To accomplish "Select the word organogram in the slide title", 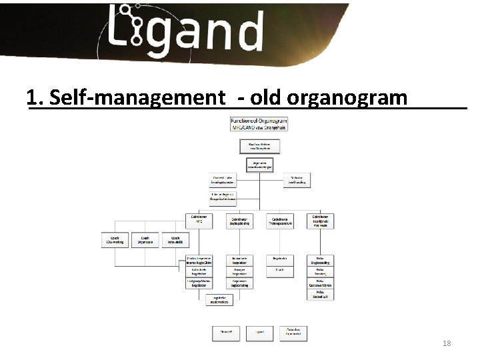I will [x=347, y=98].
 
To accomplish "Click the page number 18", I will [x=447, y=343].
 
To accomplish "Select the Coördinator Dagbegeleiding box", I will [x=240, y=221].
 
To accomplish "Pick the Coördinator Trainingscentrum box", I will [x=280, y=221].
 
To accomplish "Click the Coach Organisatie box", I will [x=145, y=240].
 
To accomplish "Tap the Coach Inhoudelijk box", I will [x=175, y=240].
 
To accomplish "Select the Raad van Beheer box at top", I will [x=259, y=146].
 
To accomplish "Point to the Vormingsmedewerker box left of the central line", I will [x=223, y=180].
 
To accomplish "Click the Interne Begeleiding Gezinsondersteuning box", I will [x=223, y=197].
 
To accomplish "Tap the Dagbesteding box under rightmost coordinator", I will [x=320, y=261].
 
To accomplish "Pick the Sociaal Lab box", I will [x=320, y=294].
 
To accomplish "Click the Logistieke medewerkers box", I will [x=220, y=300].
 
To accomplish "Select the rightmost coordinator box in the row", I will [x=320, y=221].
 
